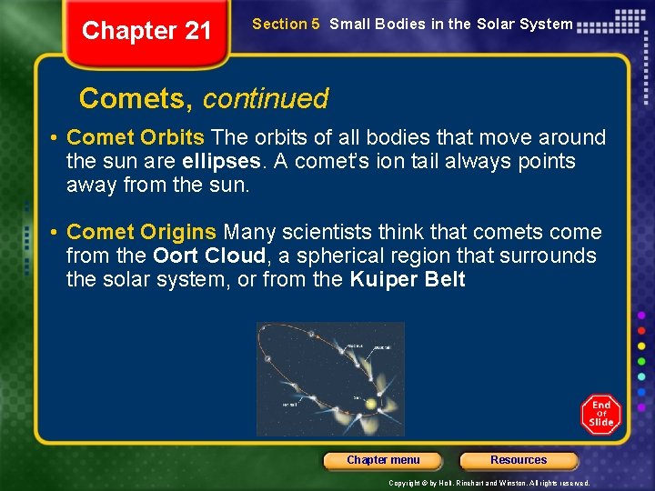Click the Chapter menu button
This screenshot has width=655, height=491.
[383, 460]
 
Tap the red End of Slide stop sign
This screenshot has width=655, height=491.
[600, 414]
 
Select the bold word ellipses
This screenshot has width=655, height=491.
[218, 162]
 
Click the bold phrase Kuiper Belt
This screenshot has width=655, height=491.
[407, 280]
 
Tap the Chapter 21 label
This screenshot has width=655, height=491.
[146, 31]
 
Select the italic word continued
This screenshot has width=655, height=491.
[266, 98]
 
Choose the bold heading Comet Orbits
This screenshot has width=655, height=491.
[136, 138]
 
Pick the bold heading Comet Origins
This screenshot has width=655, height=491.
[142, 233]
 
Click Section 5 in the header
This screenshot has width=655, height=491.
[286, 25]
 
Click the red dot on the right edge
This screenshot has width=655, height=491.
[641, 330]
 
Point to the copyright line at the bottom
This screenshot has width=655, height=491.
[489, 483]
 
